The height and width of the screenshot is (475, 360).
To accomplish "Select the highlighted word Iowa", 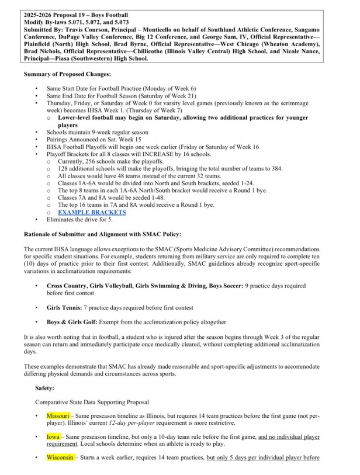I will (x=54, y=436).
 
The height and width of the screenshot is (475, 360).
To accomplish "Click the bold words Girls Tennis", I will (x=65, y=306).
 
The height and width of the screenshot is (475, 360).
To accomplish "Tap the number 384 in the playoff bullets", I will (x=276, y=168).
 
